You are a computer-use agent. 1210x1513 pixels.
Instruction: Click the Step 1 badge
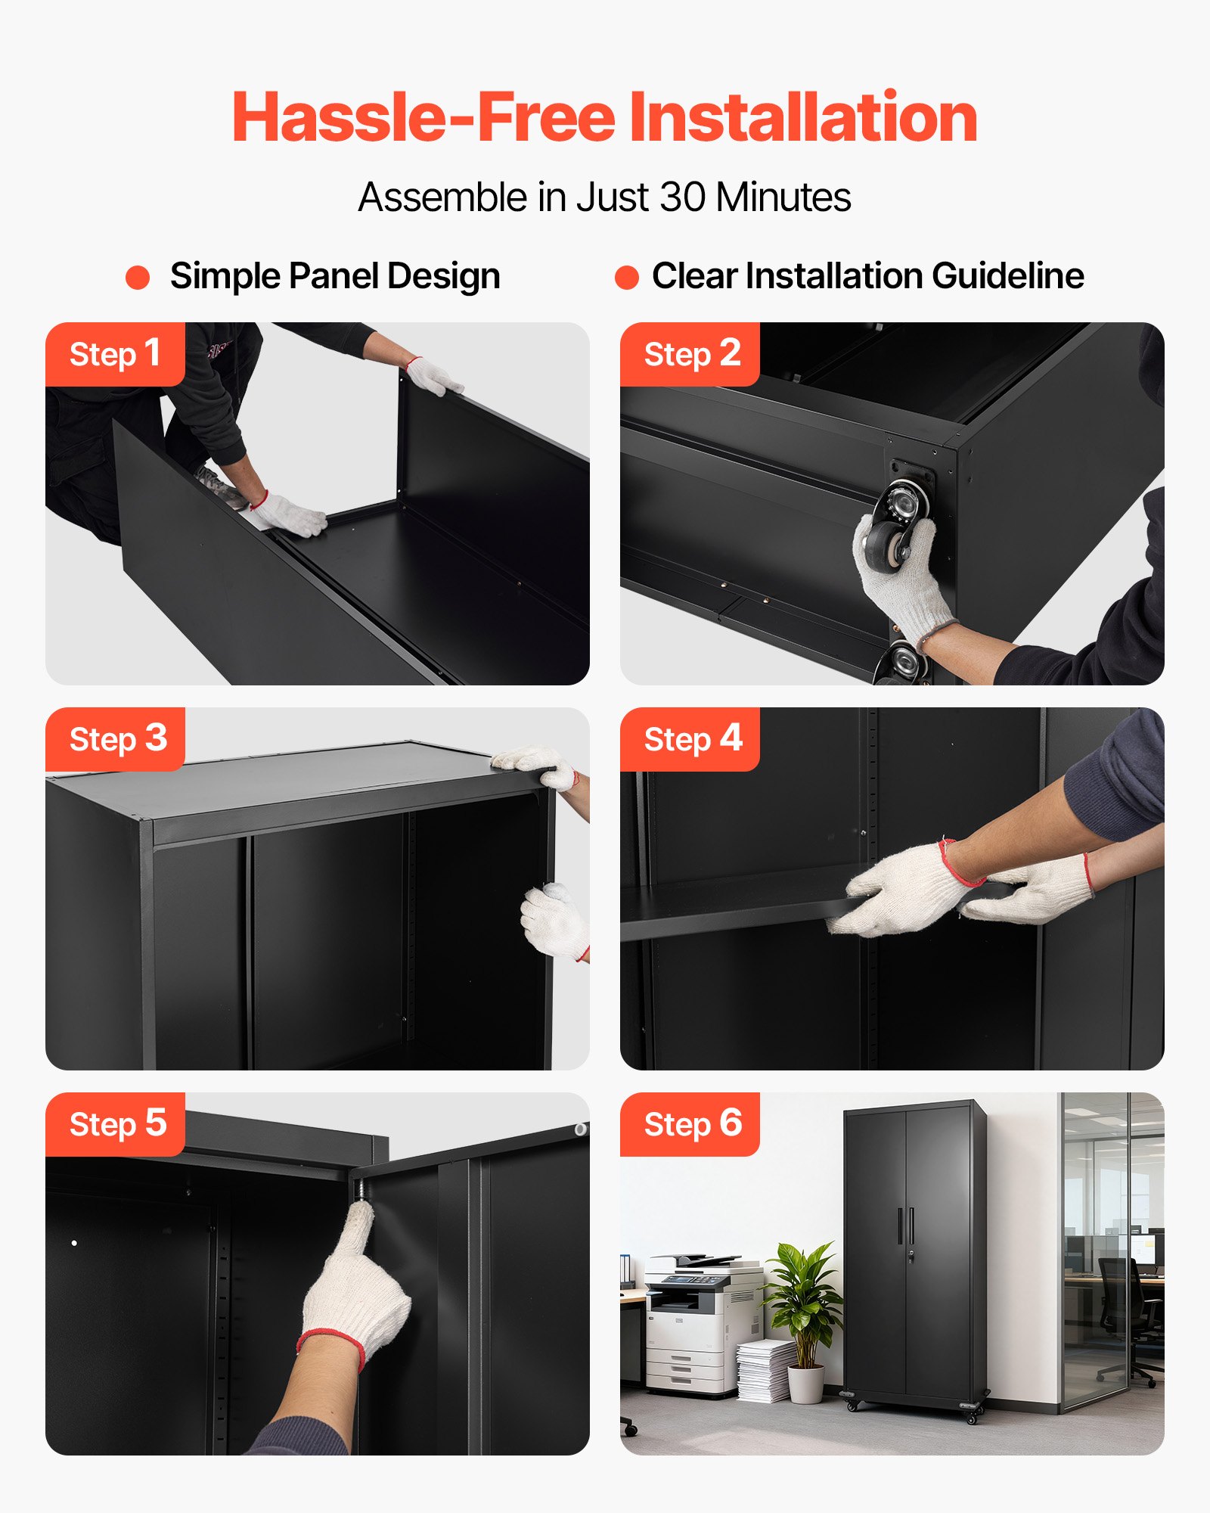pos(115,354)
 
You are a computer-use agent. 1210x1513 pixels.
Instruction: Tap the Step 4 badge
pos(690,739)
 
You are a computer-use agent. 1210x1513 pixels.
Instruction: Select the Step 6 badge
pos(690,1124)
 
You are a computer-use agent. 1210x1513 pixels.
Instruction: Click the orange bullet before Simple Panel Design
pos(138,277)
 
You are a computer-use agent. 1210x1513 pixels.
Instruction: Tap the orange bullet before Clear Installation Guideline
pos(627,277)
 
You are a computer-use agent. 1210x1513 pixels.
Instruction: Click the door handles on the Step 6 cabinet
pos(906,1226)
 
